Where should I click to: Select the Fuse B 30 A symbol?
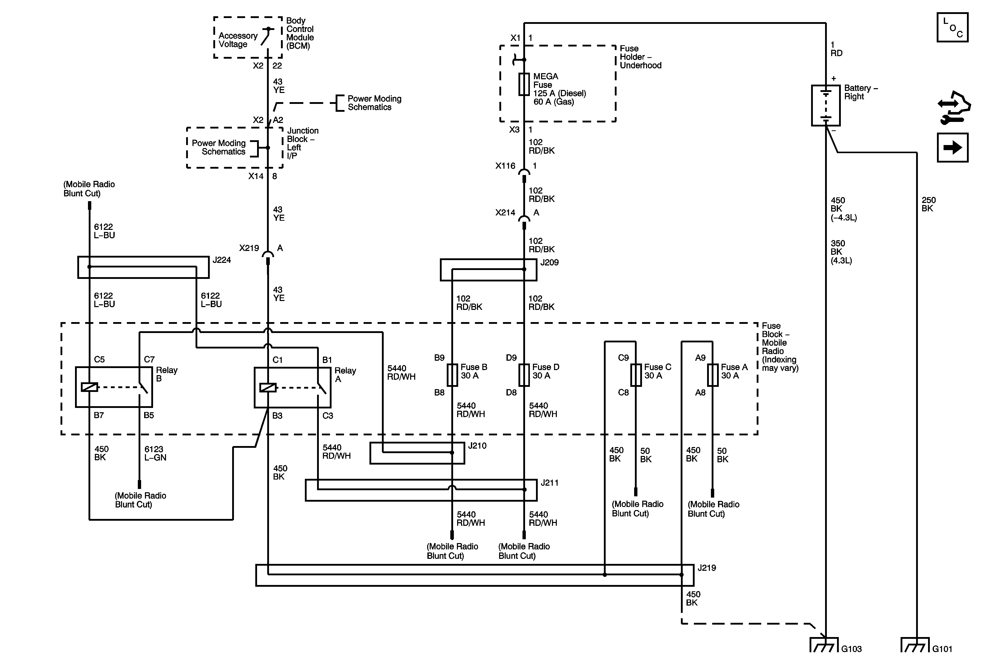pos(452,375)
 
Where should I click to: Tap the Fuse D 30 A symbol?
pos(524,375)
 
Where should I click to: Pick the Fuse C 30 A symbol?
pos(636,375)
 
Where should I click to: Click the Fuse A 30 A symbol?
pos(712,375)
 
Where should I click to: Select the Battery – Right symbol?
pos(826,105)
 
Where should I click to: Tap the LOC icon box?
pos(952,27)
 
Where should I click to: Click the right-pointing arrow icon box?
pos(952,148)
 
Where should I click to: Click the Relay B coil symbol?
pos(89,387)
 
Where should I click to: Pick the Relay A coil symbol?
pos(268,387)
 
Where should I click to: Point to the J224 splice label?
pos(222,260)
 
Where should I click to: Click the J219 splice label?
pos(707,568)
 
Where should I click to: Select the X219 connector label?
pos(249,248)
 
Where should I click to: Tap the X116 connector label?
pos(505,166)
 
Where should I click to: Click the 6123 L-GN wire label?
pos(155,453)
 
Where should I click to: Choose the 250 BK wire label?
pos(928,204)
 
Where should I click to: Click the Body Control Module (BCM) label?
pos(300,33)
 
